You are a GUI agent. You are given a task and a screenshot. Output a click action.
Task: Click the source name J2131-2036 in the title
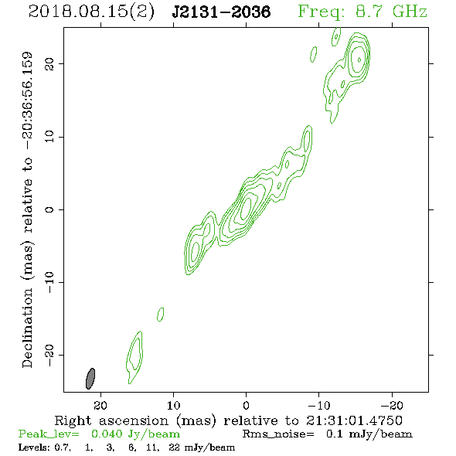(221, 12)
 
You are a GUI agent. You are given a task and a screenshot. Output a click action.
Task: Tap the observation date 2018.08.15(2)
(91, 12)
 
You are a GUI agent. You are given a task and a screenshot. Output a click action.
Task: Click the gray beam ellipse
(90, 379)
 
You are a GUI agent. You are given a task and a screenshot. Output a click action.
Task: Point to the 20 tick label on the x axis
(100, 405)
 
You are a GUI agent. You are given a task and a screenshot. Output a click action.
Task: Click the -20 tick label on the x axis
(393, 405)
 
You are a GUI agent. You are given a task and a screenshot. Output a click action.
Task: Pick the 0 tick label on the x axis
(246, 405)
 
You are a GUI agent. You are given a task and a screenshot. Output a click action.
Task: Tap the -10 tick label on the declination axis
(49, 282)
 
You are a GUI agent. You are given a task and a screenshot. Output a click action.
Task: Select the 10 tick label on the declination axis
(49, 137)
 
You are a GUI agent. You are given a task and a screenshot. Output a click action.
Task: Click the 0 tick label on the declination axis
(49, 209)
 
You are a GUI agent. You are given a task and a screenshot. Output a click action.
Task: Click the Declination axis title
(27, 210)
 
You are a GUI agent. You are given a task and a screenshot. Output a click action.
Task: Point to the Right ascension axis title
(228, 420)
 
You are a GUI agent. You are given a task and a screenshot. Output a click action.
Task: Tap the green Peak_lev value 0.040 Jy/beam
(135, 434)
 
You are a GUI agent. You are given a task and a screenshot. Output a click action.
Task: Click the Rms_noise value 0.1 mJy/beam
(369, 434)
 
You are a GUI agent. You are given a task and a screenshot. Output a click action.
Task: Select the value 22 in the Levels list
(174, 447)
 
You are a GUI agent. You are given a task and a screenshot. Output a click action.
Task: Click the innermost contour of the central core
(243, 207)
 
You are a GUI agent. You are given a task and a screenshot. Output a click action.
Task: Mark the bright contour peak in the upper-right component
(359, 60)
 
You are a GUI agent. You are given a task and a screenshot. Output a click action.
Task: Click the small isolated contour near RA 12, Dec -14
(161, 315)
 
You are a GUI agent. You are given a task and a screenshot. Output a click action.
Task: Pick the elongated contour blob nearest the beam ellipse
(135, 356)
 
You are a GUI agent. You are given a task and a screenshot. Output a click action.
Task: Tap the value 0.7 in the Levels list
(63, 447)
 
